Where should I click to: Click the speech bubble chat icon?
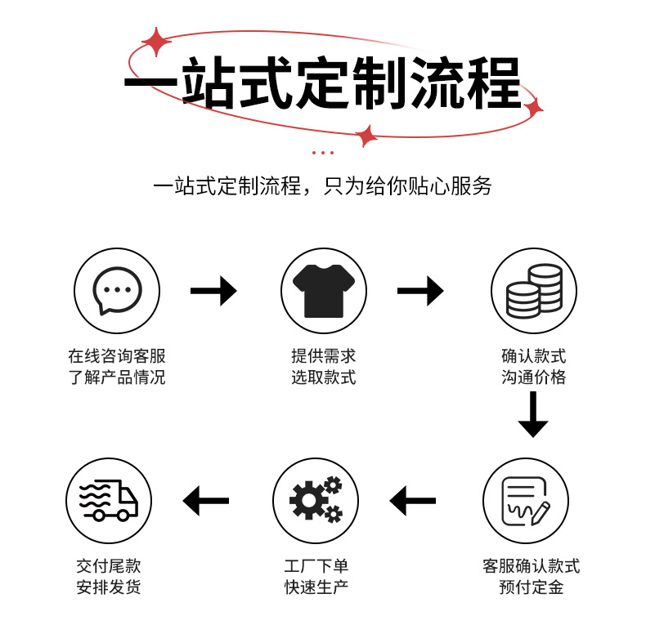tap(117, 291)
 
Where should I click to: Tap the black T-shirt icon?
tap(324, 291)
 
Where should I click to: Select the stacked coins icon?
tap(534, 291)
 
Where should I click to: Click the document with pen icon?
tap(525, 501)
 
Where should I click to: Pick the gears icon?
tap(316, 501)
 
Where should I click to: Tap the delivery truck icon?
tap(109, 501)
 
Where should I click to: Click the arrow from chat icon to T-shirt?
tap(213, 291)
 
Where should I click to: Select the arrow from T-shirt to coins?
tap(420, 291)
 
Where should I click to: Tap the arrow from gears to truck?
tap(206, 501)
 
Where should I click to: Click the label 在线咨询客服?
tap(117, 356)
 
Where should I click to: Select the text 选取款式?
tap(324, 377)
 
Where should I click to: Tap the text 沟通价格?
tap(534, 377)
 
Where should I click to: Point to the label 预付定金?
tap(532, 587)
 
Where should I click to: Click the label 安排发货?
tap(109, 587)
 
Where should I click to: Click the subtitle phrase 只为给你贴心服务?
tap(408, 185)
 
